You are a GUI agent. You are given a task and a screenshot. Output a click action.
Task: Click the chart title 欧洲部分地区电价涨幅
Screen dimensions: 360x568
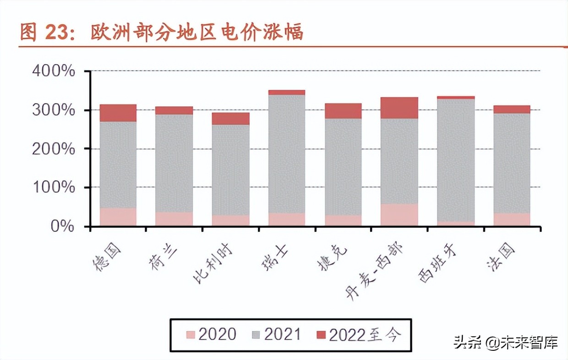click(197, 33)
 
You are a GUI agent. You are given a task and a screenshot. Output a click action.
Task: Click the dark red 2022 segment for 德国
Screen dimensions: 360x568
click(118, 113)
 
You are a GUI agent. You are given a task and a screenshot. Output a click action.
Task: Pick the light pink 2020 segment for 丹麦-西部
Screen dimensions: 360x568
click(399, 214)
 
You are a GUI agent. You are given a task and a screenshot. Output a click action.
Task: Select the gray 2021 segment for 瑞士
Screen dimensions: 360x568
click(287, 153)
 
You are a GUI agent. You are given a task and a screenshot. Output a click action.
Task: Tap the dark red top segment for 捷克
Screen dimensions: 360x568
click(343, 111)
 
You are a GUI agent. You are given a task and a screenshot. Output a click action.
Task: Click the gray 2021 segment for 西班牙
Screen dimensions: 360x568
click(456, 160)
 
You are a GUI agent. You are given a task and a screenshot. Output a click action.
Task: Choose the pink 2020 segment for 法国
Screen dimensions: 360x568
click(512, 219)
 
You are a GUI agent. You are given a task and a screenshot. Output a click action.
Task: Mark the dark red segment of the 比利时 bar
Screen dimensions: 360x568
click(230, 119)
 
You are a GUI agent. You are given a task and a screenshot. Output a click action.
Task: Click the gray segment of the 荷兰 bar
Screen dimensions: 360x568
click(174, 163)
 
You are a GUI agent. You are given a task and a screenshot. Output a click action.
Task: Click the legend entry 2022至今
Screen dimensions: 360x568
click(359, 335)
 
